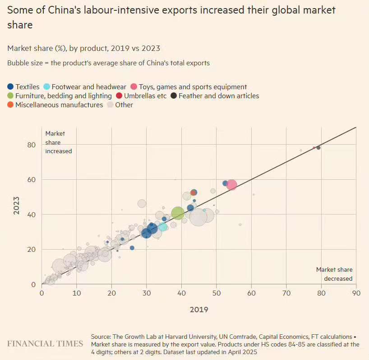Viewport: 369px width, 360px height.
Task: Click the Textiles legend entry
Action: [x=23, y=87]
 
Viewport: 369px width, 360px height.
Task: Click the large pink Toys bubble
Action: [x=231, y=185]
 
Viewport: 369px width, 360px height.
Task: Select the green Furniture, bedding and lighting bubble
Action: [x=178, y=213]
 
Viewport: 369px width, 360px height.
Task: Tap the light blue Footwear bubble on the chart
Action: [x=163, y=227]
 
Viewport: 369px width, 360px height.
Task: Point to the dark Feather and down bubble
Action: [x=318, y=147]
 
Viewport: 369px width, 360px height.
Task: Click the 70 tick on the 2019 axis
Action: [x=286, y=292]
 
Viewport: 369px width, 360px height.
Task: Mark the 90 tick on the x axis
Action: [x=356, y=292]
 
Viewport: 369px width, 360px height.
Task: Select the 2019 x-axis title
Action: [x=199, y=310]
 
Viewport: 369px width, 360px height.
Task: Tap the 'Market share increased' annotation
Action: [x=58, y=142]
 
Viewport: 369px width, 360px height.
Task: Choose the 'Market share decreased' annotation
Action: [x=334, y=274]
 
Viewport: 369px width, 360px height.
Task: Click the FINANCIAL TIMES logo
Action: [x=45, y=344]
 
